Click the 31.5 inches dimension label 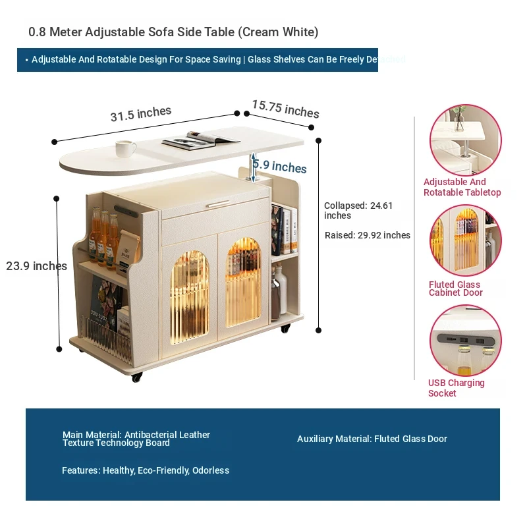tap(140, 114)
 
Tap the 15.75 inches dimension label tap(285, 109)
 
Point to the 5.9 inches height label tap(281, 167)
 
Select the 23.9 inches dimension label tap(36, 266)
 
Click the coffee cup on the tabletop tap(125, 148)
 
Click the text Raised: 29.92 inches tap(368, 235)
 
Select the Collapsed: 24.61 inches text tap(358, 210)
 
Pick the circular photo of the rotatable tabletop tap(465, 140)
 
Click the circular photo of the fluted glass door tap(465, 240)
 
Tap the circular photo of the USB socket tap(465, 340)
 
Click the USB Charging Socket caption tap(456, 388)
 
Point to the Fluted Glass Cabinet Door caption tap(456, 289)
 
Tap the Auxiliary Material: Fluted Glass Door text tap(372, 439)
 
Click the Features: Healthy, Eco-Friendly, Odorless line tap(146, 470)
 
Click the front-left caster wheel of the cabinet tap(136, 377)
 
